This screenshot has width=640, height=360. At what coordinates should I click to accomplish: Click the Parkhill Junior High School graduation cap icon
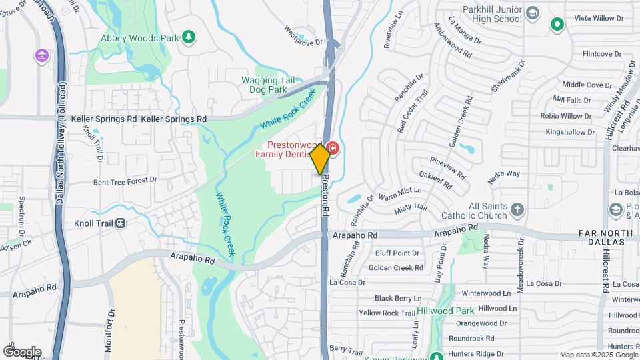[533, 13]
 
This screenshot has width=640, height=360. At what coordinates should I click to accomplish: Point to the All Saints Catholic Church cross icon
[517, 211]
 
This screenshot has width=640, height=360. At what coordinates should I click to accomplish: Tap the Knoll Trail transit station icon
[121, 223]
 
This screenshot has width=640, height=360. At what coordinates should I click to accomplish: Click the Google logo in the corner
[22, 351]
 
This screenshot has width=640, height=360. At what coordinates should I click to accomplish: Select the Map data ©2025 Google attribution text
[598, 355]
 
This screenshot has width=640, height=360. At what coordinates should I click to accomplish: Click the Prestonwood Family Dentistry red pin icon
[333, 148]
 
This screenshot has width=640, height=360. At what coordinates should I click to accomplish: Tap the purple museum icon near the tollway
[43, 55]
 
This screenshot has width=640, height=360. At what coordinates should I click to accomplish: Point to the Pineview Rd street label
[447, 168]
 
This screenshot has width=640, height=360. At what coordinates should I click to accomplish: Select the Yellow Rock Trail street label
[387, 313]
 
